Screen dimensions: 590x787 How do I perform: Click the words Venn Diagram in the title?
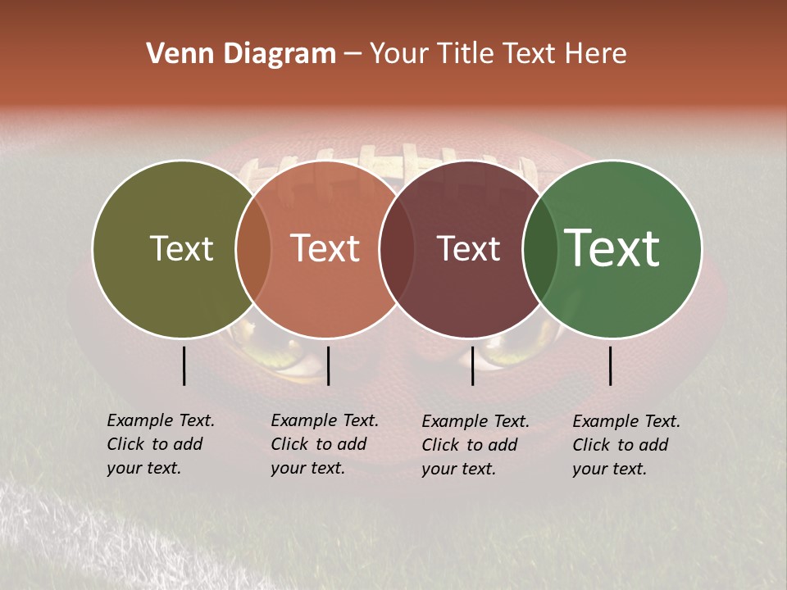click(241, 53)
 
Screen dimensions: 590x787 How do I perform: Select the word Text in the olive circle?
click(181, 248)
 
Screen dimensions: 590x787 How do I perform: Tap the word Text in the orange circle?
click(325, 248)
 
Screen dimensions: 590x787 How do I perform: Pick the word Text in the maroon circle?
click(468, 248)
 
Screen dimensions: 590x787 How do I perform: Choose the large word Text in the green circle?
click(612, 248)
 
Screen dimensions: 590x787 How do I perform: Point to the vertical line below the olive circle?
click(184, 365)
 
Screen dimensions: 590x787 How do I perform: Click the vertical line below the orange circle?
click(328, 365)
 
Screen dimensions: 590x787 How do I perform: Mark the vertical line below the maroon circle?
click(473, 365)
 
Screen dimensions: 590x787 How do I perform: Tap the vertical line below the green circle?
click(611, 365)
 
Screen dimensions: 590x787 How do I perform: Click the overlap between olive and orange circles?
click(253, 248)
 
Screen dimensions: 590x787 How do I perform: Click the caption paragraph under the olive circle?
click(160, 444)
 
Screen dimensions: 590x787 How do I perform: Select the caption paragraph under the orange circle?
click(324, 444)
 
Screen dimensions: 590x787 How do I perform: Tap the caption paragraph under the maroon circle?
click(475, 445)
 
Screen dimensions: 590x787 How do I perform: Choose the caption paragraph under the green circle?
click(626, 445)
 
